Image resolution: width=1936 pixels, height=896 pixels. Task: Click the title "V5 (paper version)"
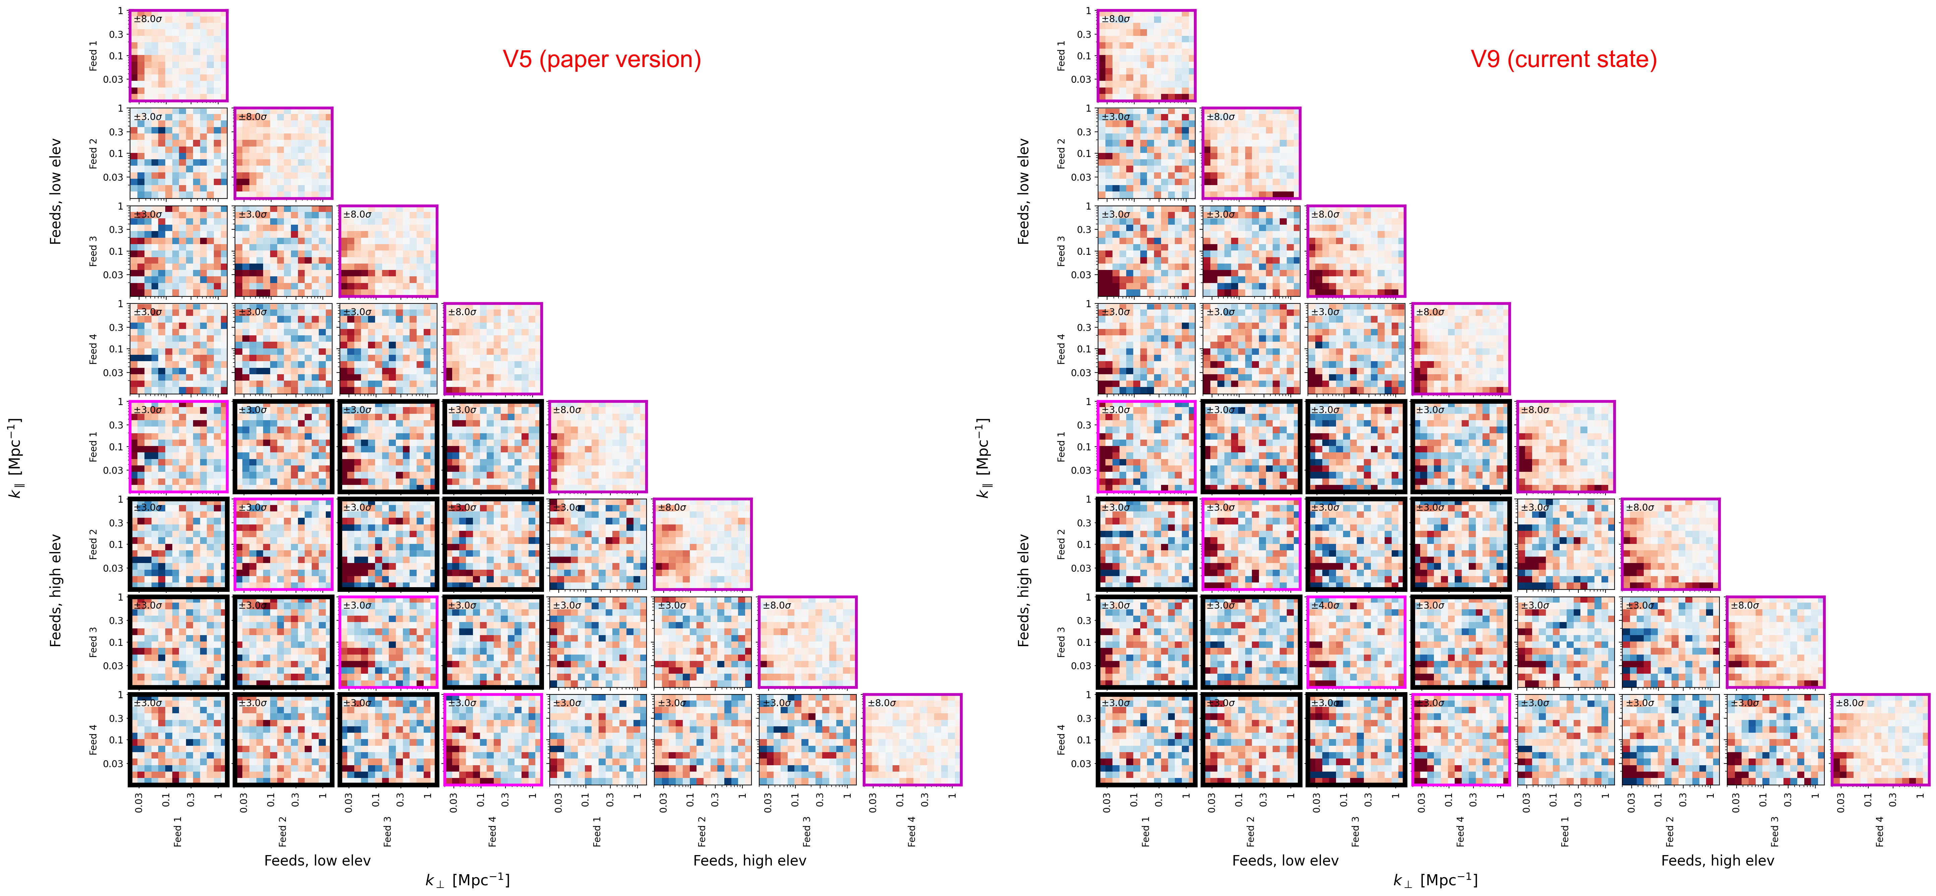[601, 59]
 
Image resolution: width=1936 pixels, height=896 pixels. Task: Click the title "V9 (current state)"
[1563, 59]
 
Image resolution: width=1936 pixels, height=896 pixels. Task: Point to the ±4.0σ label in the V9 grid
[1325, 605]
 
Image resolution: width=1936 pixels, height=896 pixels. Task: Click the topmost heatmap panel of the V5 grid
[178, 56]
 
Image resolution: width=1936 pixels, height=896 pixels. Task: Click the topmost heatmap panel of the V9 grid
[1146, 56]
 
